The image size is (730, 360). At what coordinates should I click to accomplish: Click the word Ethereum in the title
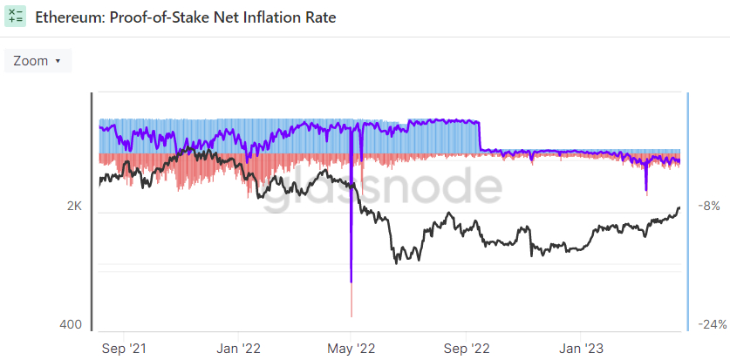[x=67, y=17]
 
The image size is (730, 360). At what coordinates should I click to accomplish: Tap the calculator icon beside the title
[x=15, y=17]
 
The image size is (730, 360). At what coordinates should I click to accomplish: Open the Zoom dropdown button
[x=38, y=61]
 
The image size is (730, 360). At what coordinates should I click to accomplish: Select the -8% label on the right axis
[x=708, y=207]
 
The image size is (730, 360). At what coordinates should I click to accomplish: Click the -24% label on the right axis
[x=712, y=324]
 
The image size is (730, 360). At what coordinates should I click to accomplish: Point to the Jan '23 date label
[x=582, y=349]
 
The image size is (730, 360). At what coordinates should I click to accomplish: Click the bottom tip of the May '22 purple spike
[x=351, y=281]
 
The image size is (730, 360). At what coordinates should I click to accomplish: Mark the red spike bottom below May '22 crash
[x=351, y=316]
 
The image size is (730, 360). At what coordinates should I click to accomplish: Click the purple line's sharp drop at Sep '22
[x=481, y=137]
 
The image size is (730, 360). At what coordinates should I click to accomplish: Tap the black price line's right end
[x=680, y=207]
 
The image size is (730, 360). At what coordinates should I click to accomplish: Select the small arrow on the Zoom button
[x=58, y=61]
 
